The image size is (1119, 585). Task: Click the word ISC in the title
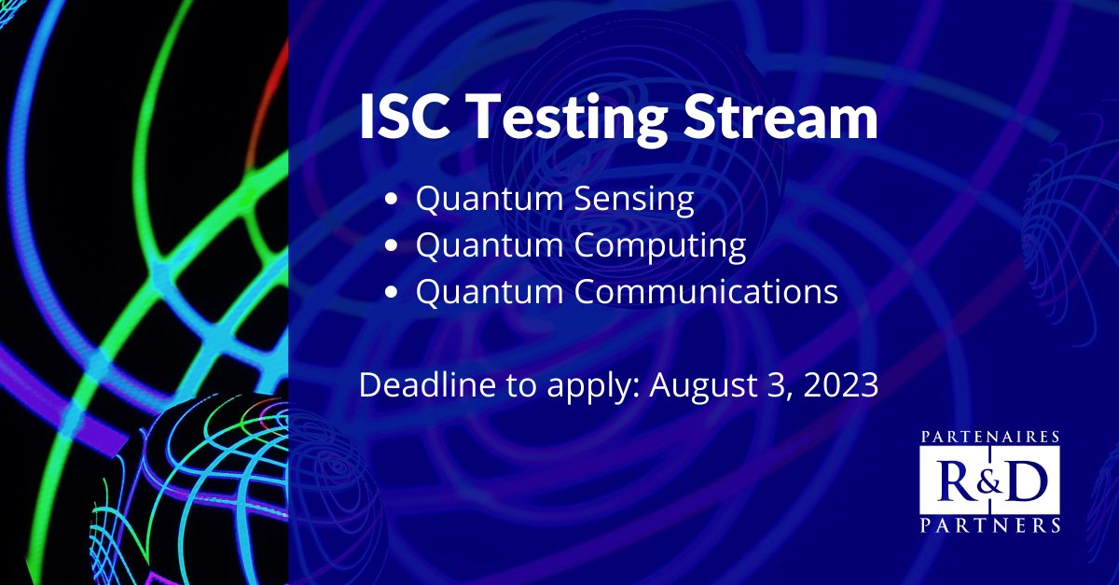[404, 117]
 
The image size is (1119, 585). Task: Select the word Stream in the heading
[781, 117]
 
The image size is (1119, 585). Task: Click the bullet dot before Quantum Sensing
[392, 199]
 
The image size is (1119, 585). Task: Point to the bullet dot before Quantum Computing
[392, 245]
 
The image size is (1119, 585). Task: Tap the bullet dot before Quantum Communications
[392, 292]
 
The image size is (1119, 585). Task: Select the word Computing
[660, 247]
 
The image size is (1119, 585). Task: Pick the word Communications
[706, 290]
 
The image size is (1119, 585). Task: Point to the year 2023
[841, 385]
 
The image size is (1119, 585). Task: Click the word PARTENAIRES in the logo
[990, 437]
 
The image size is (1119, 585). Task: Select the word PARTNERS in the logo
[990, 525]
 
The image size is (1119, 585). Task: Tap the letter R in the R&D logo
[954, 482]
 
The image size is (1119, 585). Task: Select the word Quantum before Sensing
[490, 199]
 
